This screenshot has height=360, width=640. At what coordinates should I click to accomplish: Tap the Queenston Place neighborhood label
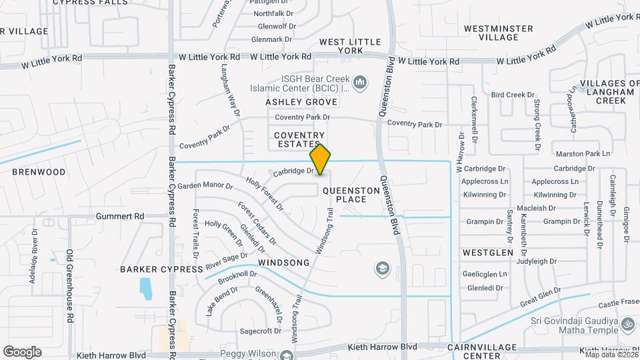point(351,195)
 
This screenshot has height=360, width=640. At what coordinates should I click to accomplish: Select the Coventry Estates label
point(299,139)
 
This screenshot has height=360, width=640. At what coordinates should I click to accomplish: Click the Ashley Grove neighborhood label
point(301,102)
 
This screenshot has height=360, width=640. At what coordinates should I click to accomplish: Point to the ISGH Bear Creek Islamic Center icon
point(360,83)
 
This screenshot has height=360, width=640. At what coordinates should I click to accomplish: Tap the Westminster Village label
point(499,33)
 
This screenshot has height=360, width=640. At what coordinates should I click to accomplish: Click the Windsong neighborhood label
point(284,263)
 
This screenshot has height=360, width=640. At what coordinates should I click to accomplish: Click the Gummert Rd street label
point(120,217)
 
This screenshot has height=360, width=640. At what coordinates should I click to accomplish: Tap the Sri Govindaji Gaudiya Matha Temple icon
point(627,325)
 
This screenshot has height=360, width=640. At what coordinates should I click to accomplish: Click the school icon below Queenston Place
point(382,268)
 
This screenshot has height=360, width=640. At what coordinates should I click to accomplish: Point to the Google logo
point(22,351)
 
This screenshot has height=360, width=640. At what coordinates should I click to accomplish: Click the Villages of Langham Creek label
point(601,91)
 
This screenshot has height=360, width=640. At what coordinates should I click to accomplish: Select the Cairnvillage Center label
point(483,351)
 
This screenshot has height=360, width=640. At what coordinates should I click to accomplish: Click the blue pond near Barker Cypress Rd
point(145,289)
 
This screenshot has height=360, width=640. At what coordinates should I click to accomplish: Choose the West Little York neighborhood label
point(350,46)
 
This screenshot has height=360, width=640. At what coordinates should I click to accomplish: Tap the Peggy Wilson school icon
point(287,355)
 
